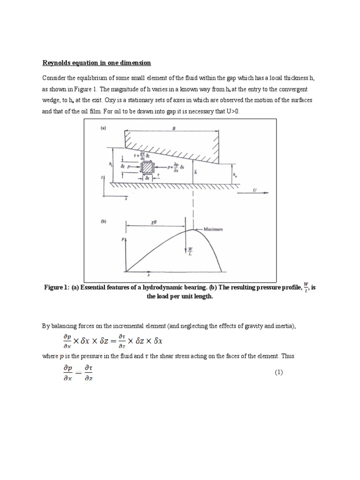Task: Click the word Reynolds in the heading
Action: [57, 63]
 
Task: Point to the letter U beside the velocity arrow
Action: [255, 190]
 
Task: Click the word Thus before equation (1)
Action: [287, 356]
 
